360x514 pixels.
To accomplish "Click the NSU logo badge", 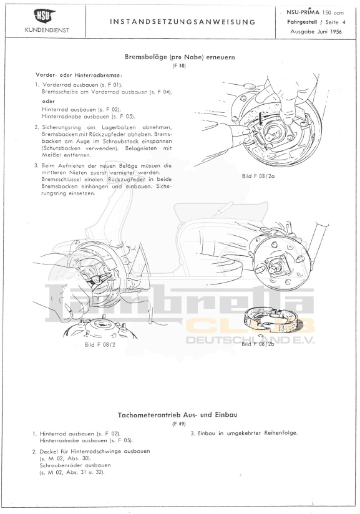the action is pyautogui.click(x=44, y=16).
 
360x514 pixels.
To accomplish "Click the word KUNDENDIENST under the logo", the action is pyautogui.click(x=47, y=30).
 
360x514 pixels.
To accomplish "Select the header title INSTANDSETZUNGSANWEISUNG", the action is pyautogui.click(x=183, y=22).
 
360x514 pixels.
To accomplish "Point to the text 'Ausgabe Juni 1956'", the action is pyautogui.click(x=316, y=32).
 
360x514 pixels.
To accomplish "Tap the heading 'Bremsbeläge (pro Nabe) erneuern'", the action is pyautogui.click(x=180, y=57).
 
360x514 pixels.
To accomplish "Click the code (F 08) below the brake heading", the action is pyautogui.click(x=179, y=66).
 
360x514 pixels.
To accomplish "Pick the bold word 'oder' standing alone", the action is pyautogui.click(x=49, y=101).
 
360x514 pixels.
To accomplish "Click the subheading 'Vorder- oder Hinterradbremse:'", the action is pyautogui.click(x=78, y=75).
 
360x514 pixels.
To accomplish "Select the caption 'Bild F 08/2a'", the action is pyautogui.click(x=258, y=176).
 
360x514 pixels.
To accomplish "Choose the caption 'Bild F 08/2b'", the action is pyautogui.click(x=258, y=344).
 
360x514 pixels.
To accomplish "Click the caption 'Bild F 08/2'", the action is pyautogui.click(x=100, y=344).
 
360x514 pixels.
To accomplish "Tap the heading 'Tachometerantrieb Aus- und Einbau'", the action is pyautogui.click(x=178, y=415).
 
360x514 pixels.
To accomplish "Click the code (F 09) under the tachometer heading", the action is pyautogui.click(x=179, y=424).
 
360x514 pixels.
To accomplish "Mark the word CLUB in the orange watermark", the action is pyautogui.click(x=251, y=327).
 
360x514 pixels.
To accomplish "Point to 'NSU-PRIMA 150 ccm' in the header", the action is pyautogui.click(x=315, y=12).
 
